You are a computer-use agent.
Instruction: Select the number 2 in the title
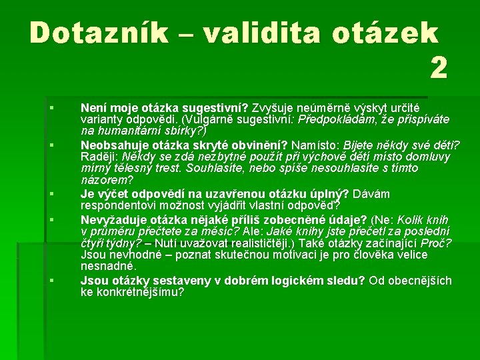tap(438, 68)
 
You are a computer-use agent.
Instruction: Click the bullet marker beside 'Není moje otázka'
tap(51, 107)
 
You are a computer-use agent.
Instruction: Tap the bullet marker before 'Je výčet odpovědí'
tap(51, 194)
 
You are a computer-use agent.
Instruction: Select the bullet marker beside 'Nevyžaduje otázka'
tap(51, 219)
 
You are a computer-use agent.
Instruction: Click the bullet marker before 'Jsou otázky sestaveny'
tap(51, 281)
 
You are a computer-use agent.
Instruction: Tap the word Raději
tap(99, 157)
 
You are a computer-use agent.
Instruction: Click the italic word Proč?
tap(437, 243)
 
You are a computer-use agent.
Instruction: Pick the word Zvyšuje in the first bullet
tap(272, 107)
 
